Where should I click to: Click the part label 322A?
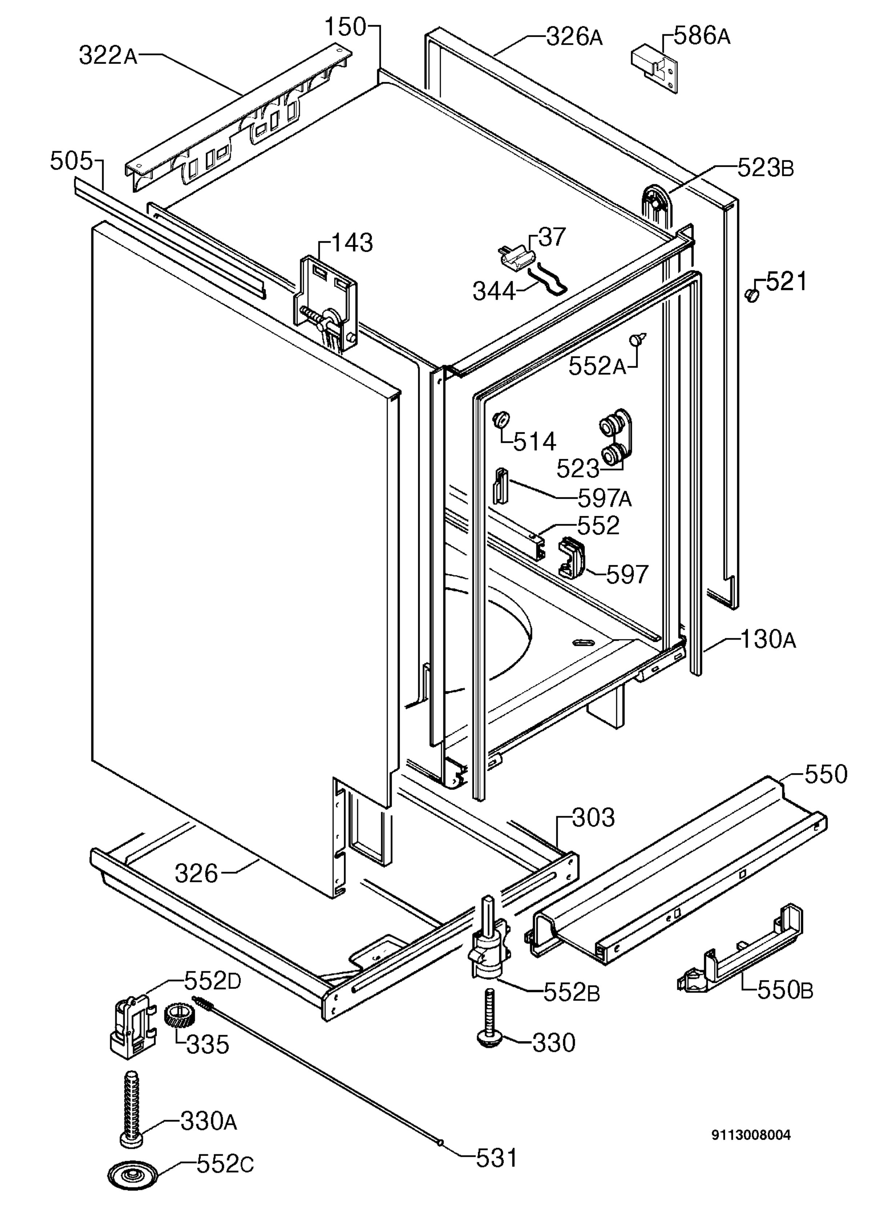coord(108,55)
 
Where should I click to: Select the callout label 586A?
coord(702,36)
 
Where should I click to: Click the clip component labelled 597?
coord(571,556)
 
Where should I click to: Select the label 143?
coord(352,243)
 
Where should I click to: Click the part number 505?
coord(71,161)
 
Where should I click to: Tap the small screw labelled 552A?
coord(639,339)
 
